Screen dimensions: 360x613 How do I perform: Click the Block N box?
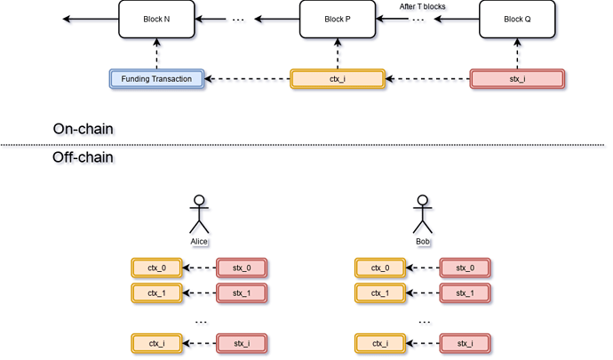156,19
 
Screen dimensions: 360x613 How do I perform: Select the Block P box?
337,19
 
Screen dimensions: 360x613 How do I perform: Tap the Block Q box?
517,19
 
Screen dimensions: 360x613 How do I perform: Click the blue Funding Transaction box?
156,79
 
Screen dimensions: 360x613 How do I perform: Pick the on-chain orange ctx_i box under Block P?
337,79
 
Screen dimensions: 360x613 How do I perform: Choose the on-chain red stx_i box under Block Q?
517,79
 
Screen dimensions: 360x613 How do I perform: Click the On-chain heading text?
84,130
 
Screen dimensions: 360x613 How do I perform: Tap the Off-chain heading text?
84,158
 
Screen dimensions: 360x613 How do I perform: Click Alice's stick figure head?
201,198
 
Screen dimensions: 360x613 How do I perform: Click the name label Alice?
201,240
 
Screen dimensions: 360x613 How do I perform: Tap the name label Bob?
425,240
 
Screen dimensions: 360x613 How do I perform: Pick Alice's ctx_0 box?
156,268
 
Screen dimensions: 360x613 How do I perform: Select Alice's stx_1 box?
243,292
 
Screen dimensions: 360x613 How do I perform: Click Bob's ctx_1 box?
380,292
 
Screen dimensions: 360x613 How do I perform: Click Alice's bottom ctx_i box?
156,343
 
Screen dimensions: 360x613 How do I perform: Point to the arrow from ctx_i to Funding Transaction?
248,79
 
